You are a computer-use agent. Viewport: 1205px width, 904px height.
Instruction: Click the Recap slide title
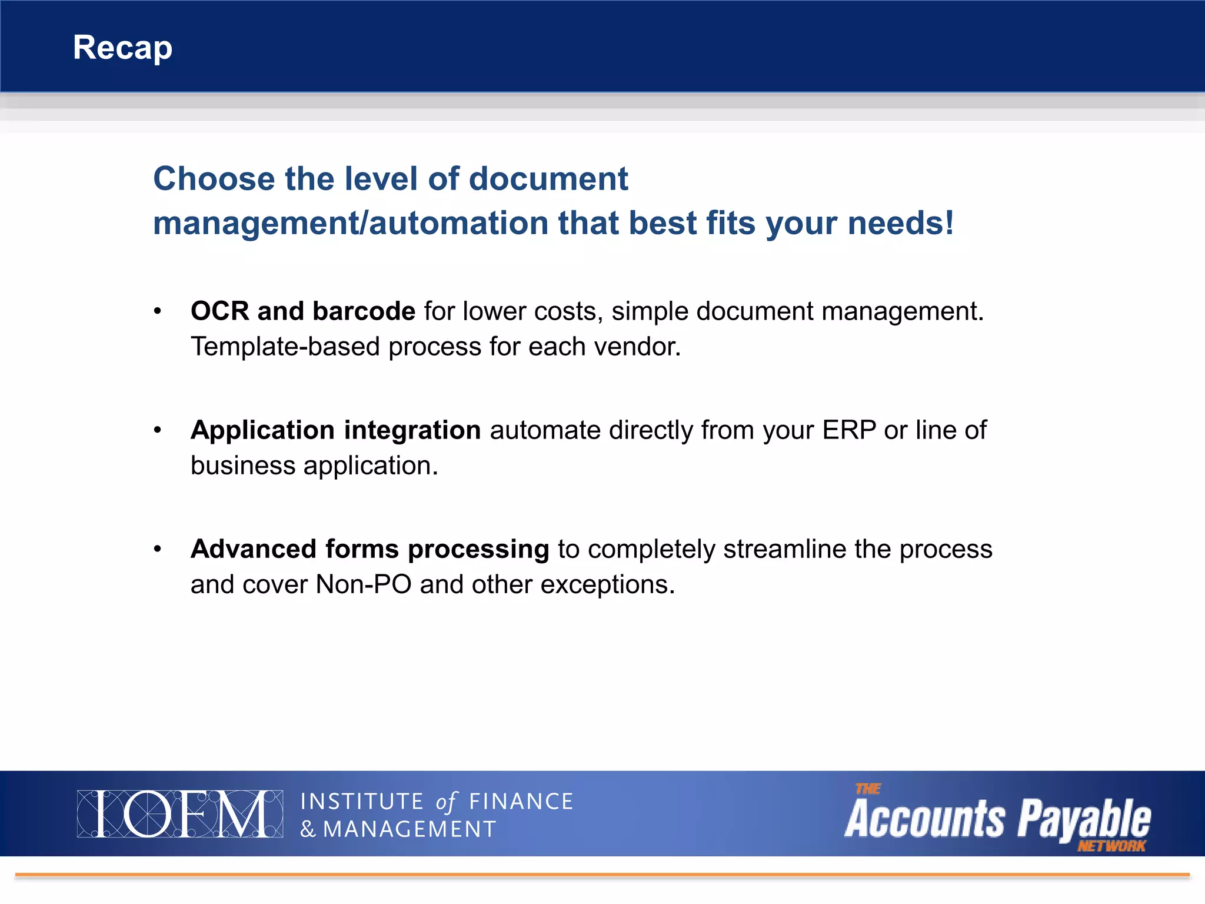(122, 48)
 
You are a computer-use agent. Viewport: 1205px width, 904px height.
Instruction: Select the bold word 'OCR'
(219, 311)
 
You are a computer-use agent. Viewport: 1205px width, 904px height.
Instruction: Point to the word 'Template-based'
(285, 347)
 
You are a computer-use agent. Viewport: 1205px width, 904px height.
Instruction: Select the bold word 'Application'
(262, 431)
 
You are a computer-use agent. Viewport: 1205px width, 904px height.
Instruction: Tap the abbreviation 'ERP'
(848, 430)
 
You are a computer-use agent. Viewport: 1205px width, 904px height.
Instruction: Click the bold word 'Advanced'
(254, 549)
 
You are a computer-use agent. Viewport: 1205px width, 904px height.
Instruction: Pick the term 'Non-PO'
(363, 584)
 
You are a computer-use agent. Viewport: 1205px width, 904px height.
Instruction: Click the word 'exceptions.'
(607, 585)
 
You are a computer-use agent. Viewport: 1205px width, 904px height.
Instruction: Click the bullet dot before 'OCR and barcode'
(157, 311)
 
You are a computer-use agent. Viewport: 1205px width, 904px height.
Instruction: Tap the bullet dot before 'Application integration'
(157, 430)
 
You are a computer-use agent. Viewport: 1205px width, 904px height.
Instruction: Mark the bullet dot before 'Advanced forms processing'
(157, 549)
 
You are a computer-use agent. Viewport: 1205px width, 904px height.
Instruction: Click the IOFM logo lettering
(180, 814)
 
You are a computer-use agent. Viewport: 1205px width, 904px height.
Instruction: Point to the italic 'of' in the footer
(446, 802)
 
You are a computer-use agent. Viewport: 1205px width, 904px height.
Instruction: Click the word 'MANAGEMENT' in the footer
(410, 829)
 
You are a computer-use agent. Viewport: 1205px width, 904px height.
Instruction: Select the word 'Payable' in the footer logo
(1084, 819)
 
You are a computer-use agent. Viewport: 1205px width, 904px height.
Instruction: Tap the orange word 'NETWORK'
(1111, 846)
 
